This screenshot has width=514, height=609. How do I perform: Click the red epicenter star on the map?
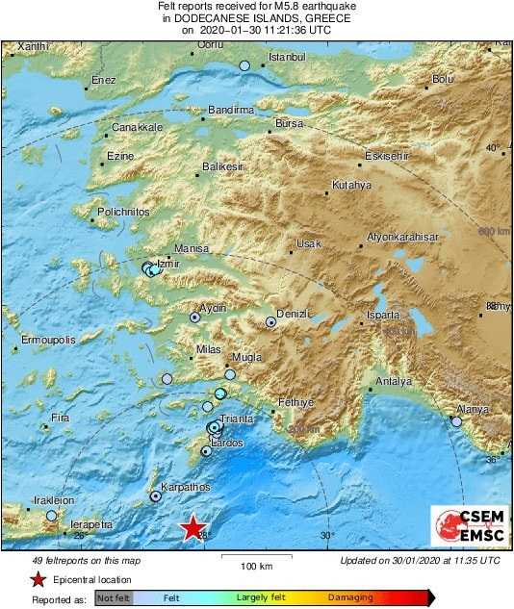click(x=193, y=527)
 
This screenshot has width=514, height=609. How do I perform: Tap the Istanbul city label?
click(x=286, y=58)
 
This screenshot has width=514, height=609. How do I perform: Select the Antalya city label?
click(x=393, y=381)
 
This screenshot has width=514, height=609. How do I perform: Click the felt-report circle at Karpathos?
click(x=156, y=496)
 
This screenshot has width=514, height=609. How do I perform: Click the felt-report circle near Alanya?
click(x=457, y=420)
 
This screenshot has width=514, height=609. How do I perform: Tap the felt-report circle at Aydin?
click(x=194, y=316)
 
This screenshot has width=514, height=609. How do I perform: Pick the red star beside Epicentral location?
click(x=38, y=579)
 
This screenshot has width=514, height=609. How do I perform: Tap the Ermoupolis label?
click(x=50, y=340)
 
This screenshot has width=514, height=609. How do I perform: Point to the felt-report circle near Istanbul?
click(x=244, y=65)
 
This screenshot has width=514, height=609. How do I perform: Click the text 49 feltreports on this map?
click(x=86, y=560)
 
